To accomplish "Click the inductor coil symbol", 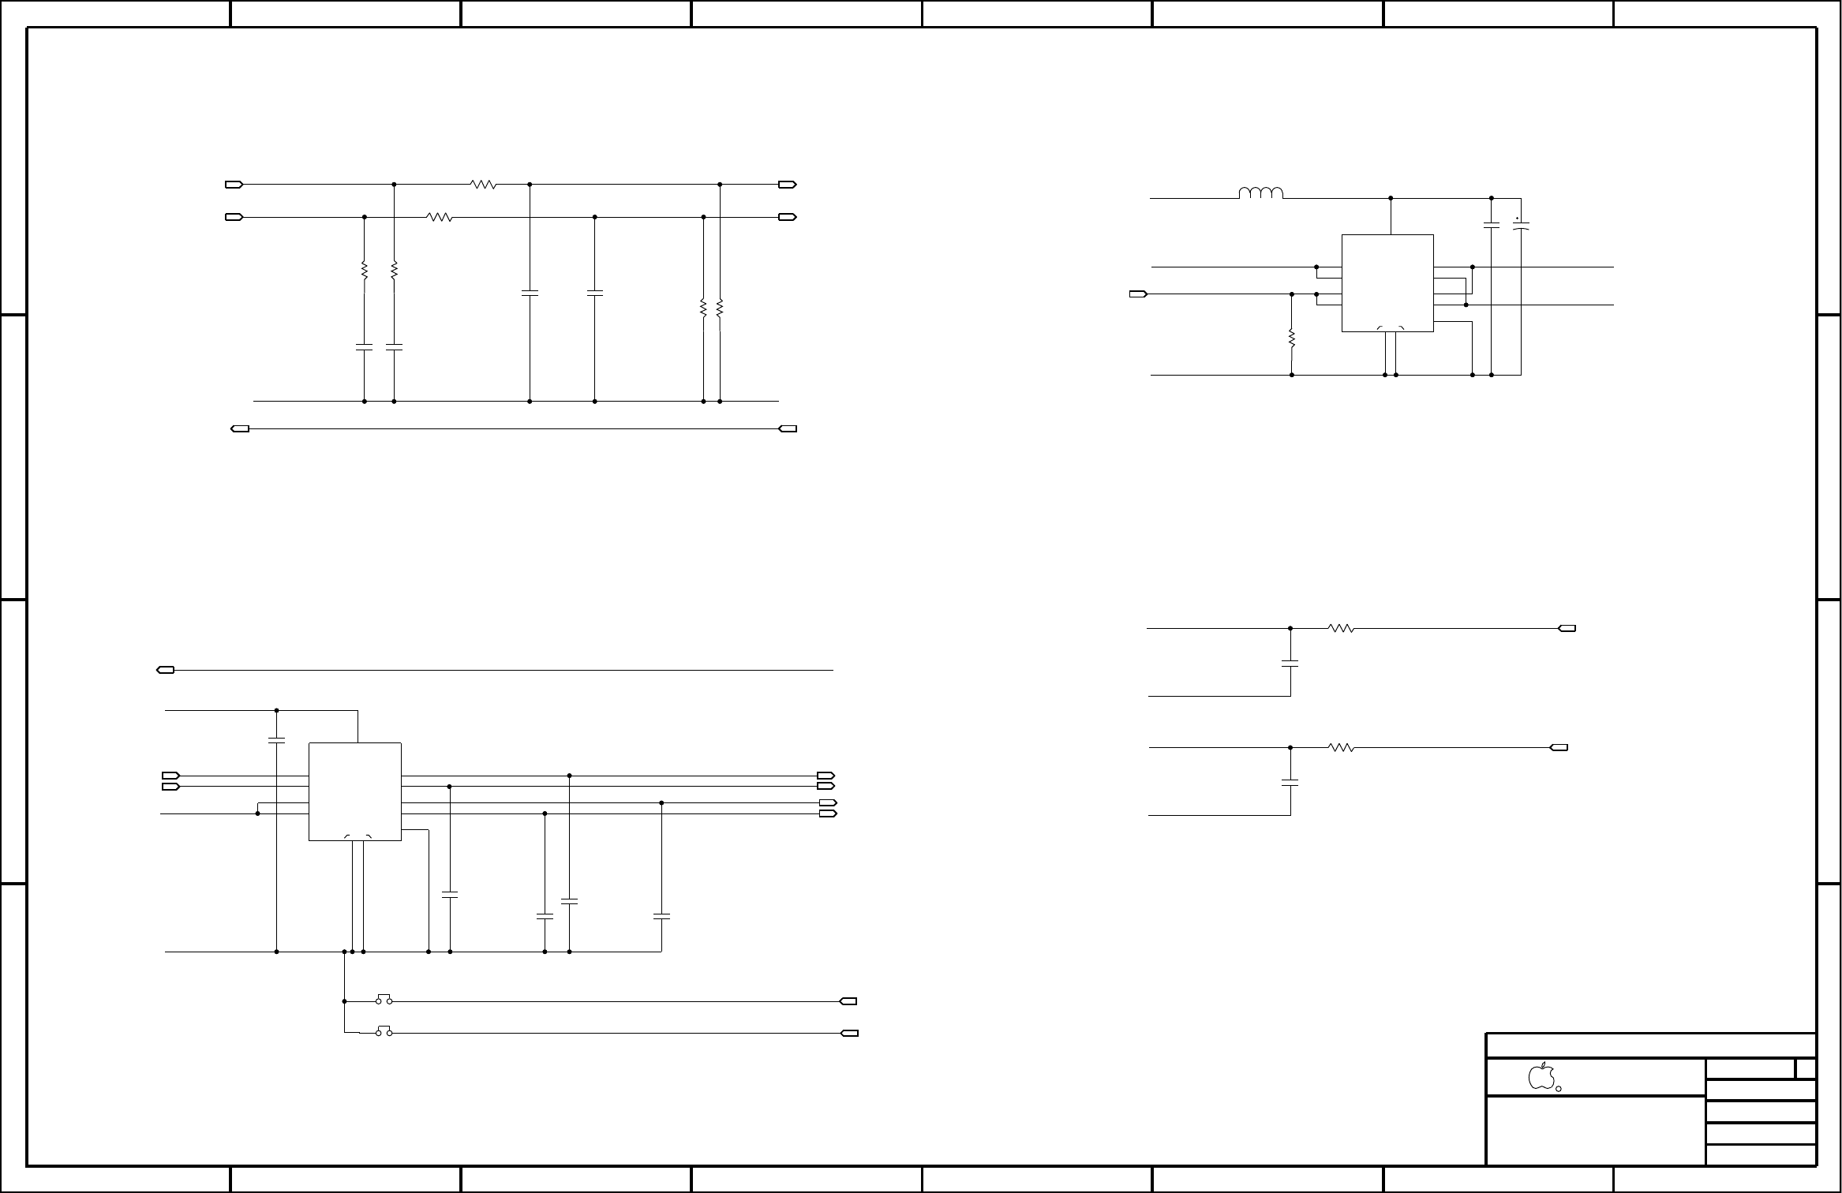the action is click(1261, 193).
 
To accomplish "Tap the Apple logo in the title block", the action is click(1541, 1076).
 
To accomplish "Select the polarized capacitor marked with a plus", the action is click(1521, 226).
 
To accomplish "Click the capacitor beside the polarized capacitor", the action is click(1492, 226).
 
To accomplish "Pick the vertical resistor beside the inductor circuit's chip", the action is click(1292, 338).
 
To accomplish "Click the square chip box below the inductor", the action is click(1387, 282).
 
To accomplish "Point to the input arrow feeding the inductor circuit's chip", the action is click(1139, 294).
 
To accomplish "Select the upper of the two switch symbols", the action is click(384, 1000).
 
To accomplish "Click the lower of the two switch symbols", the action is click(384, 1031).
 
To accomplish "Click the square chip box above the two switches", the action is click(354, 791).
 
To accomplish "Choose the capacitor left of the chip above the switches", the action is click(276, 740).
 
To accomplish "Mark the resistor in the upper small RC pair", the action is click(1341, 629).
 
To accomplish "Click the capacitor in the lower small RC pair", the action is click(1290, 783).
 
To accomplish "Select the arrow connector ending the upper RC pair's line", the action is click(1567, 629).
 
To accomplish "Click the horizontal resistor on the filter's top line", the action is click(483, 185).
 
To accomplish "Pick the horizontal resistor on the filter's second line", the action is click(440, 216).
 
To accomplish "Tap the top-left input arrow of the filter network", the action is click(234, 185).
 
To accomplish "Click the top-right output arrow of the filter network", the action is click(788, 185).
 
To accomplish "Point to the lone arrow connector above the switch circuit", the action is click(166, 670).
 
